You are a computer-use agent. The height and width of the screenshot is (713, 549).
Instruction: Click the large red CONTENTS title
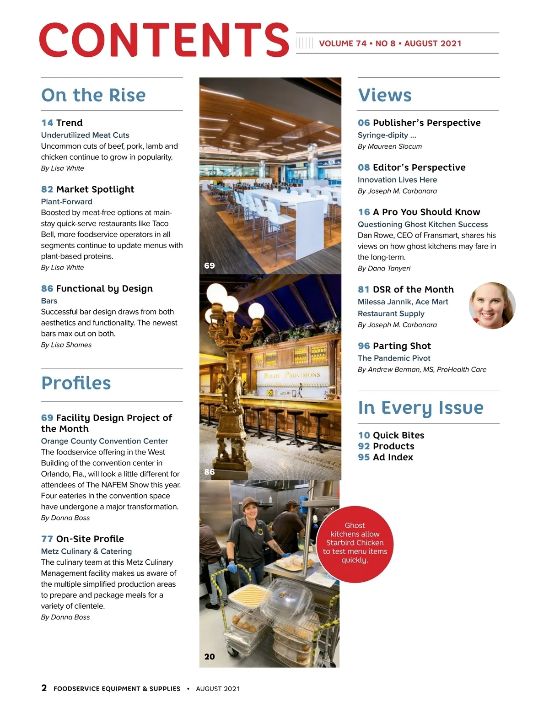pos(164,40)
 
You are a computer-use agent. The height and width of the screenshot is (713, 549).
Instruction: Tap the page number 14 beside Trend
pos(47,123)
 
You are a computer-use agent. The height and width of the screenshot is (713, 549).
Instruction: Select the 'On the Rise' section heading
pos(93,95)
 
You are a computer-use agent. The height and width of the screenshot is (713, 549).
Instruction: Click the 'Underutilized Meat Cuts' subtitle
pos(85,135)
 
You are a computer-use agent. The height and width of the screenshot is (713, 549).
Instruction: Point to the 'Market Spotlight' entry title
pos(95,189)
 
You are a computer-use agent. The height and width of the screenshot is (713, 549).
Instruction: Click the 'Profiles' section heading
pos(76,383)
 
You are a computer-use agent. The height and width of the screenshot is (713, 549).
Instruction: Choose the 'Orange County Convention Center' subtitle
pos(104,441)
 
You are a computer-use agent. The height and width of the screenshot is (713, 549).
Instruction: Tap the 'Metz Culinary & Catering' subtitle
pos(86,551)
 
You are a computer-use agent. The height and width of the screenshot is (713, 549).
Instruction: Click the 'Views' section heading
pos(385,95)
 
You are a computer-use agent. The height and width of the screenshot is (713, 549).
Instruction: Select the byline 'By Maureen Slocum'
pos(390,146)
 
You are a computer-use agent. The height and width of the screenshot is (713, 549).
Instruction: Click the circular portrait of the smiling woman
pos(492,305)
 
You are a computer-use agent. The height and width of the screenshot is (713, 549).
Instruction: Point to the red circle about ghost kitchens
pos(355,544)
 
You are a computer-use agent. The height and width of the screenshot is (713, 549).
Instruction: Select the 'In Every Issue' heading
pos(420,407)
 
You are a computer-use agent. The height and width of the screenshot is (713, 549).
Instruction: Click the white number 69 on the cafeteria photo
pos(210,265)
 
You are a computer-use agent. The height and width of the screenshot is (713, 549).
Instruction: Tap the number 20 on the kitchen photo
pos(210,657)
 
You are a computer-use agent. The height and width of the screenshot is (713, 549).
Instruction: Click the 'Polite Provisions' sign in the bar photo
pos(292,375)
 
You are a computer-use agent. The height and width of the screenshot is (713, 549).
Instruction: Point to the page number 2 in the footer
pos(44,688)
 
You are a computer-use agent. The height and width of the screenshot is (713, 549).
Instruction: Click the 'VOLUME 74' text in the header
pos(343,43)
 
